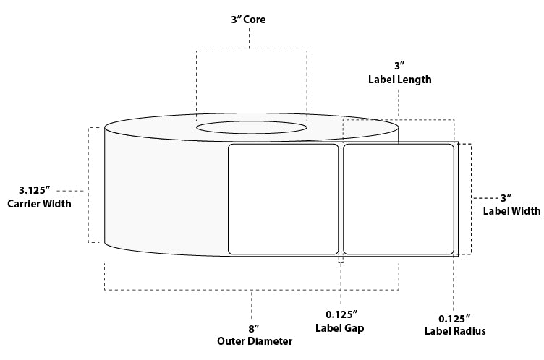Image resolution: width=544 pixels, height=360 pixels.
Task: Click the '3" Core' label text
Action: [x=248, y=20]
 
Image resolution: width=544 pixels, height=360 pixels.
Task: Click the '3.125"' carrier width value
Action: [x=35, y=191]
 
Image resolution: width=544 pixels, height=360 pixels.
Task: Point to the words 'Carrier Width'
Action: [x=38, y=204]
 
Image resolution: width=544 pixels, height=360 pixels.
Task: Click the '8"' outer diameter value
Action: [x=252, y=327]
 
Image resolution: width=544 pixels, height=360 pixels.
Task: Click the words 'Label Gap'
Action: [x=340, y=327]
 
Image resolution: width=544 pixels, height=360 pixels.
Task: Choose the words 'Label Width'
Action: [x=511, y=211]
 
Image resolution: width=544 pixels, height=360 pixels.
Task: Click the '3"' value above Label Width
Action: [x=506, y=197]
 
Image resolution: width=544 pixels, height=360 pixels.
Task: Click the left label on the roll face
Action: [x=284, y=199]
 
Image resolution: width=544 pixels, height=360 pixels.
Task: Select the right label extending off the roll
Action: [x=399, y=199]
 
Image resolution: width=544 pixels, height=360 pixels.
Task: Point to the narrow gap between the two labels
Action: [x=341, y=199]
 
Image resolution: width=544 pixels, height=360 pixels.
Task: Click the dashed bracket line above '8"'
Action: [x=251, y=290]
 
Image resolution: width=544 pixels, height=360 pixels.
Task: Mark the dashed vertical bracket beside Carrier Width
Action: [x=90, y=185]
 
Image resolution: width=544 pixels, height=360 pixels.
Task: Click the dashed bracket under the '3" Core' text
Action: [x=250, y=51]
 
